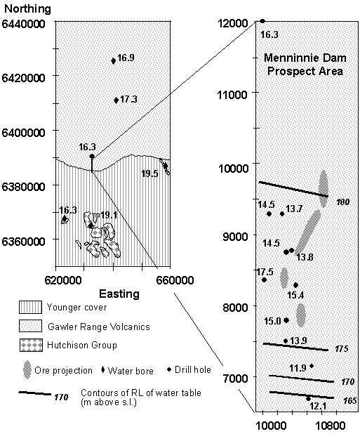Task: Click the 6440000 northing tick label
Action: point(23,24)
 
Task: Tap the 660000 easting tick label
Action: point(175,280)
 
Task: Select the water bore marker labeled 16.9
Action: point(114,61)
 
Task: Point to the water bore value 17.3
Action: point(128,99)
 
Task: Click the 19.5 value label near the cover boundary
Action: point(149,173)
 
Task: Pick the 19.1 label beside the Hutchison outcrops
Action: point(109,215)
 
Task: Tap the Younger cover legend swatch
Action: point(30,307)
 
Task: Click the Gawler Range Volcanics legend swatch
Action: point(30,326)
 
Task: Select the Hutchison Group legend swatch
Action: point(31,345)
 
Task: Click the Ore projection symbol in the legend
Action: point(27,369)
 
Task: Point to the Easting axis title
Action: point(119,294)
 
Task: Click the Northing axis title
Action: point(28,9)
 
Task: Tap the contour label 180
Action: point(343,202)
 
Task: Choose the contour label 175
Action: point(342,349)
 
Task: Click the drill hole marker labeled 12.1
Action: point(308,399)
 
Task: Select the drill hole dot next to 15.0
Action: point(286,320)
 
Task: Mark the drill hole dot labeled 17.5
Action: point(264,280)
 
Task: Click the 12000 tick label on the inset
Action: point(233,23)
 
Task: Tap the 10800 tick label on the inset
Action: point(333,426)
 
